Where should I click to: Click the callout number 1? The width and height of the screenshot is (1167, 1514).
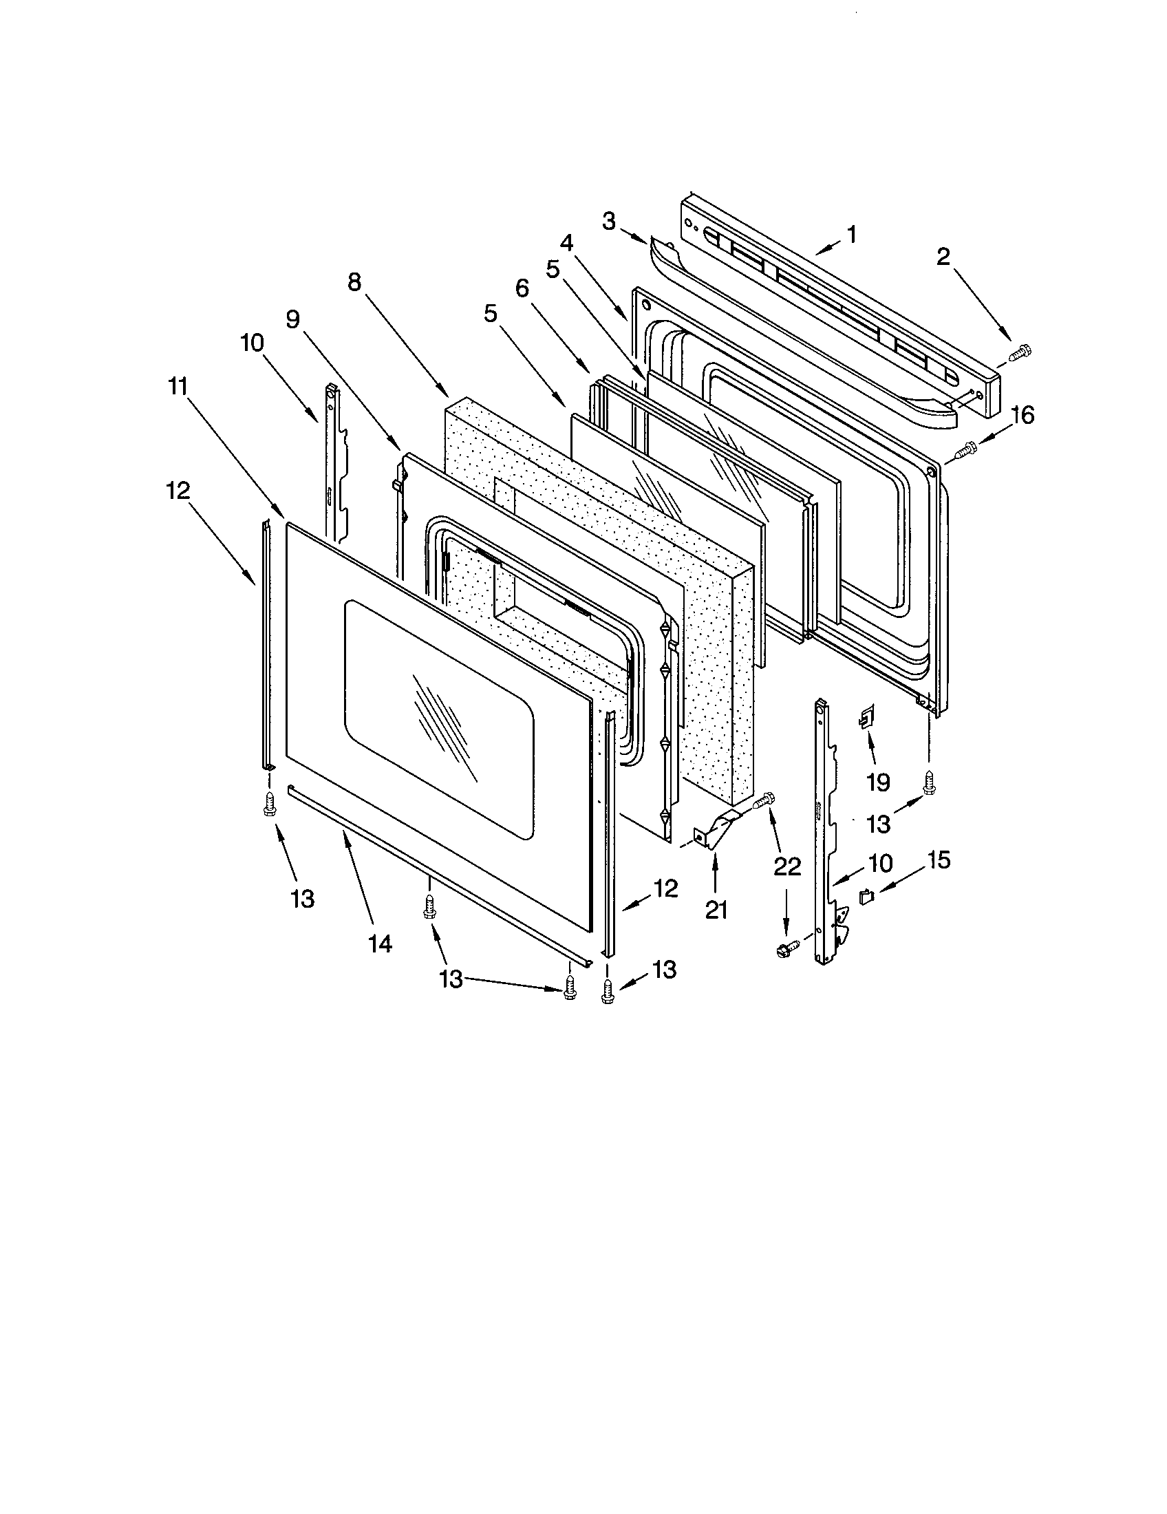point(851,234)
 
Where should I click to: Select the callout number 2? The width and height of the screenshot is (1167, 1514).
point(943,257)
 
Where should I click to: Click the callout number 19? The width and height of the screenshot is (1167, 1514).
point(877,782)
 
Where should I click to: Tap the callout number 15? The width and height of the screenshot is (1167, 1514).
point(939,860)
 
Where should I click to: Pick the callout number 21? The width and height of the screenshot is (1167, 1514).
point(716,909)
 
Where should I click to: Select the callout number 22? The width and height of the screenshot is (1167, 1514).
point(787,866)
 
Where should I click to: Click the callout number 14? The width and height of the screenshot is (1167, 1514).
point(381,943)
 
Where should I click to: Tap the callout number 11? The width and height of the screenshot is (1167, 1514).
point(178,386)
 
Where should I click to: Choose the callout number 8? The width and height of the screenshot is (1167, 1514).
point(354,282)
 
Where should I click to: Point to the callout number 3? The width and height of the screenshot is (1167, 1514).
point(608,222)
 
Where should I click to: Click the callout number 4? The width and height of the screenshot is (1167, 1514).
point(567,244)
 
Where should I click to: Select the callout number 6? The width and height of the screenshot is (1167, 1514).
point(522,288)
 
